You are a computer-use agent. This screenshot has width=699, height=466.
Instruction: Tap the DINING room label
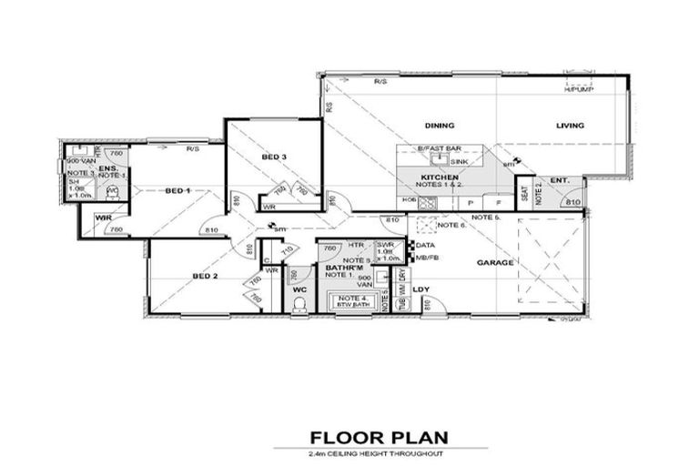tap(439, 126)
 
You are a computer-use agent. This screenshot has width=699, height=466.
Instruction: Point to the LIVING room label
tap(571, 126)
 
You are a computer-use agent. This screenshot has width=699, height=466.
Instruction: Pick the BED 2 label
tap(205, 275)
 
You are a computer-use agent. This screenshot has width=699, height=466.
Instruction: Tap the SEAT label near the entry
tap(524, 194)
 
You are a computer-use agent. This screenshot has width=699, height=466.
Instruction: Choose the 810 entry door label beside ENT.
tap(572, 201)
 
